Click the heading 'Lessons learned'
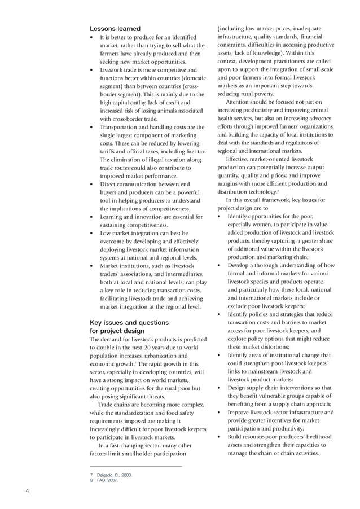click(115, 29)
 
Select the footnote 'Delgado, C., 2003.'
click(114, 475)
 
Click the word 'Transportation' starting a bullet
click(120, 128)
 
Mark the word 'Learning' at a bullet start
click(114, 217)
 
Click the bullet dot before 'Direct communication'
click(92, 185)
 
